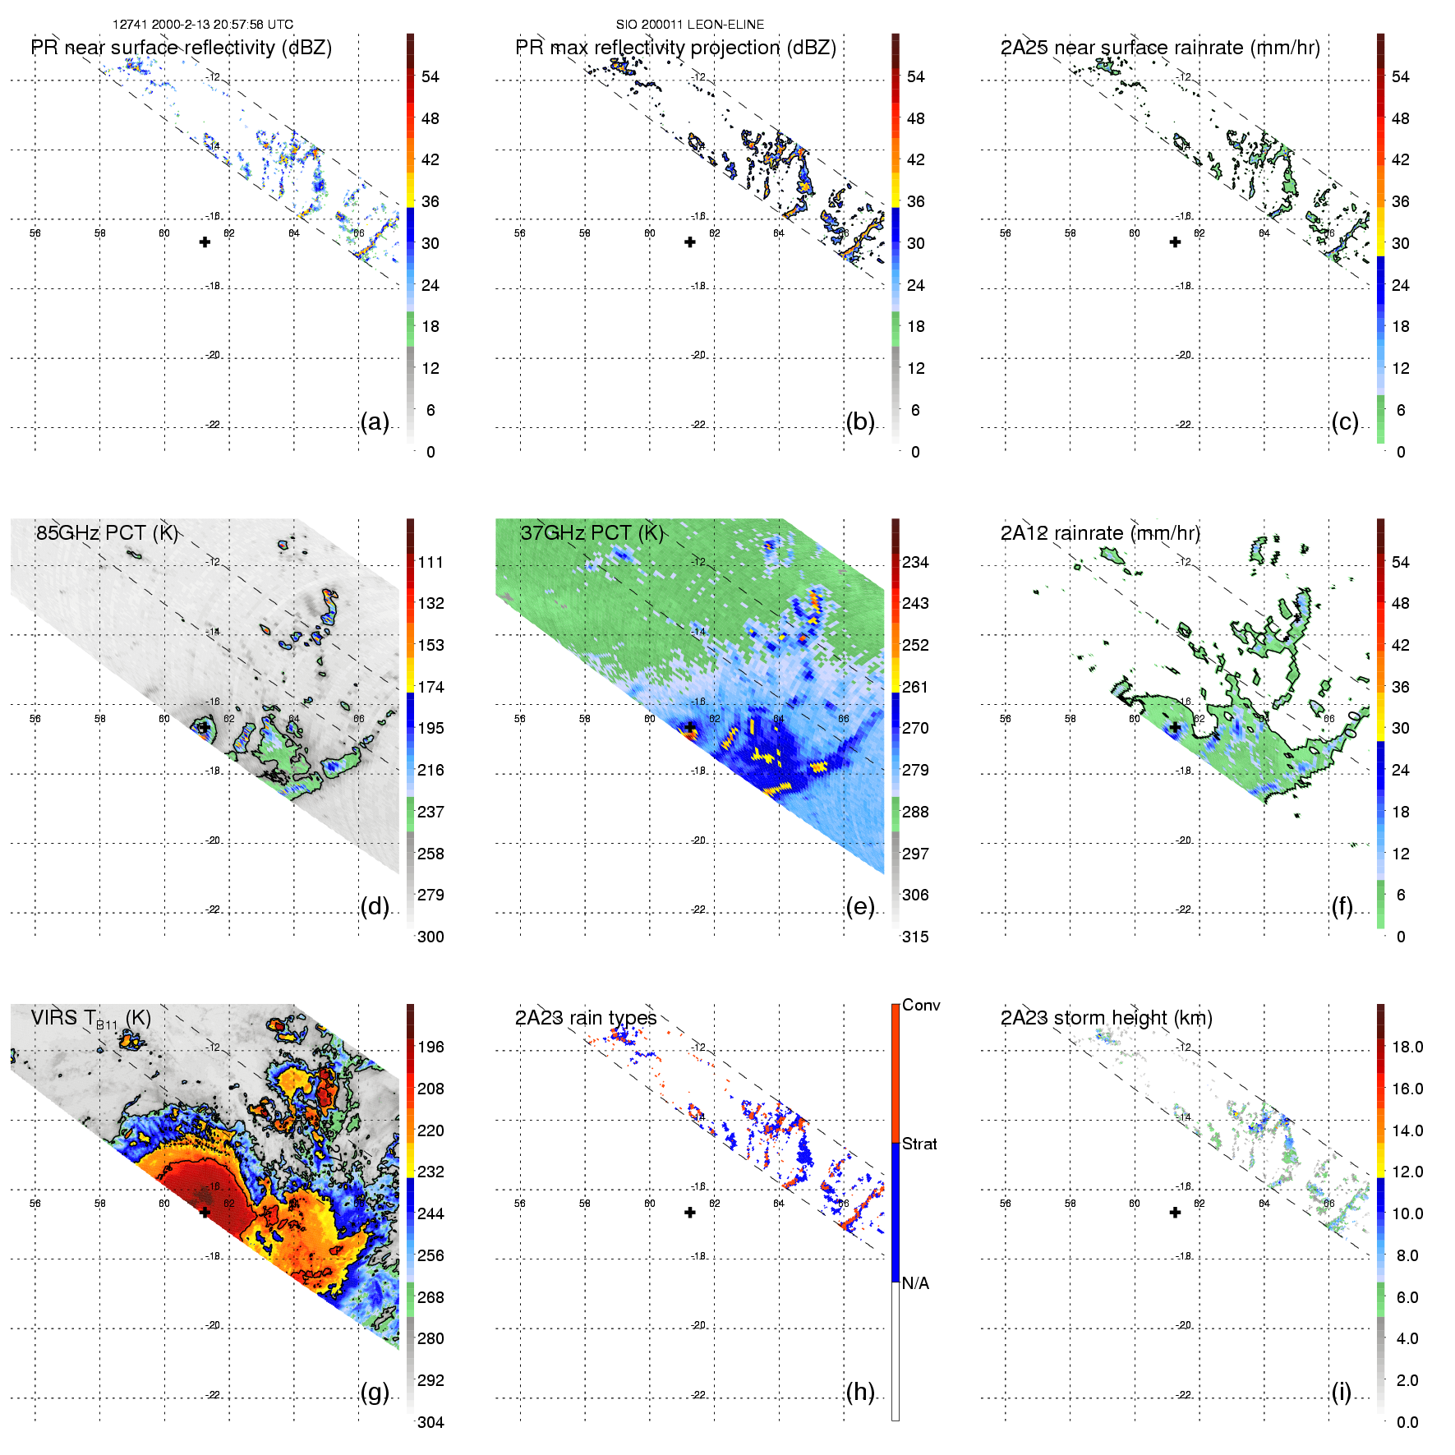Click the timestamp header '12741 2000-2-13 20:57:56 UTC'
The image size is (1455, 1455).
point(203,25)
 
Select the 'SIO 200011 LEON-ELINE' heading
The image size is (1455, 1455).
point(690,25)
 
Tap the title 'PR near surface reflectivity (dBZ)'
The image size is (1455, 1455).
point(182,48)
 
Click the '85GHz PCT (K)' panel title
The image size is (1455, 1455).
point(107,533)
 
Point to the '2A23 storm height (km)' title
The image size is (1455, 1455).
point(1106,1018)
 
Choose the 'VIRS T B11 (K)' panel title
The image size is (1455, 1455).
point(90,1019)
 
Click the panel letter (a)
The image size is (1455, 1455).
point(375,422)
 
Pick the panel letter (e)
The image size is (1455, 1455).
point(860,907)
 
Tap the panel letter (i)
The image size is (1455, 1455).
point(1342,1393)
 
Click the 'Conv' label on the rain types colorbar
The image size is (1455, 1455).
point(921,1006)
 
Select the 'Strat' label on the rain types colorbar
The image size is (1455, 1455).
point(919,1144)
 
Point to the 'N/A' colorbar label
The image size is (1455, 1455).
point(915,1283)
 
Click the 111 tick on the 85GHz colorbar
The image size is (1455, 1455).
point(431,563)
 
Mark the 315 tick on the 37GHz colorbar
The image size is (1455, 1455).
point(915,937)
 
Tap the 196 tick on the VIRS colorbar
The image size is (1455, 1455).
point(431,1048)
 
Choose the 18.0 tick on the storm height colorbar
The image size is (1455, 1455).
point(1407,1048)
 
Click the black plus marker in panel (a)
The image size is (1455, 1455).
point(205,242)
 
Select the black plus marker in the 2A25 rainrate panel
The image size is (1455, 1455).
point(1176,242)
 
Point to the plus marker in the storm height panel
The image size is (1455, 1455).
point(1176,1213)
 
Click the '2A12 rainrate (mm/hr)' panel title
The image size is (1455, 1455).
point(1100,533)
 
